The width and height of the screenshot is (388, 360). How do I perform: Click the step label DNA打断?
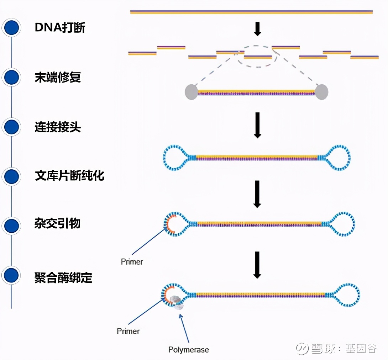[60, 28]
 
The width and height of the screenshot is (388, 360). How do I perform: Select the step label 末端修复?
[58, 77]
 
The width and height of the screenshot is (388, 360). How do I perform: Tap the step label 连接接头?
[58, 127]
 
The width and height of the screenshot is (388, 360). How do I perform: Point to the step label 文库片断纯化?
[69, 175]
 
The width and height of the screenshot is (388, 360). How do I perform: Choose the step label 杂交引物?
[58, 224]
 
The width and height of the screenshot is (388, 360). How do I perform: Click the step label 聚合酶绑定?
[63, 277]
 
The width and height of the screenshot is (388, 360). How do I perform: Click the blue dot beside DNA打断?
[12, 28]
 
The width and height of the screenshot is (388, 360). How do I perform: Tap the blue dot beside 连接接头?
[12, 127]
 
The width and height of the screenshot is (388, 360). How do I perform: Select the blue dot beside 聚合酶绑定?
[12, 275]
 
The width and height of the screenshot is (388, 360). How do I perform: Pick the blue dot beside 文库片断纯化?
[12, 175]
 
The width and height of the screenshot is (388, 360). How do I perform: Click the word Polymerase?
[189, 349]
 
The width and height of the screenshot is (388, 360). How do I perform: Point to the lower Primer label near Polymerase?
[128, 331]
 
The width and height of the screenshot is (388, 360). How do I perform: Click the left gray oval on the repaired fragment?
[191, 92]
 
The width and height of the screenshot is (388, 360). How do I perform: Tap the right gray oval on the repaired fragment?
[322, 92]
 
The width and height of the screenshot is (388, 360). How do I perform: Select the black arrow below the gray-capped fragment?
[257, 126]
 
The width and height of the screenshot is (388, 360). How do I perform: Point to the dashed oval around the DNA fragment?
[258, 66]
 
